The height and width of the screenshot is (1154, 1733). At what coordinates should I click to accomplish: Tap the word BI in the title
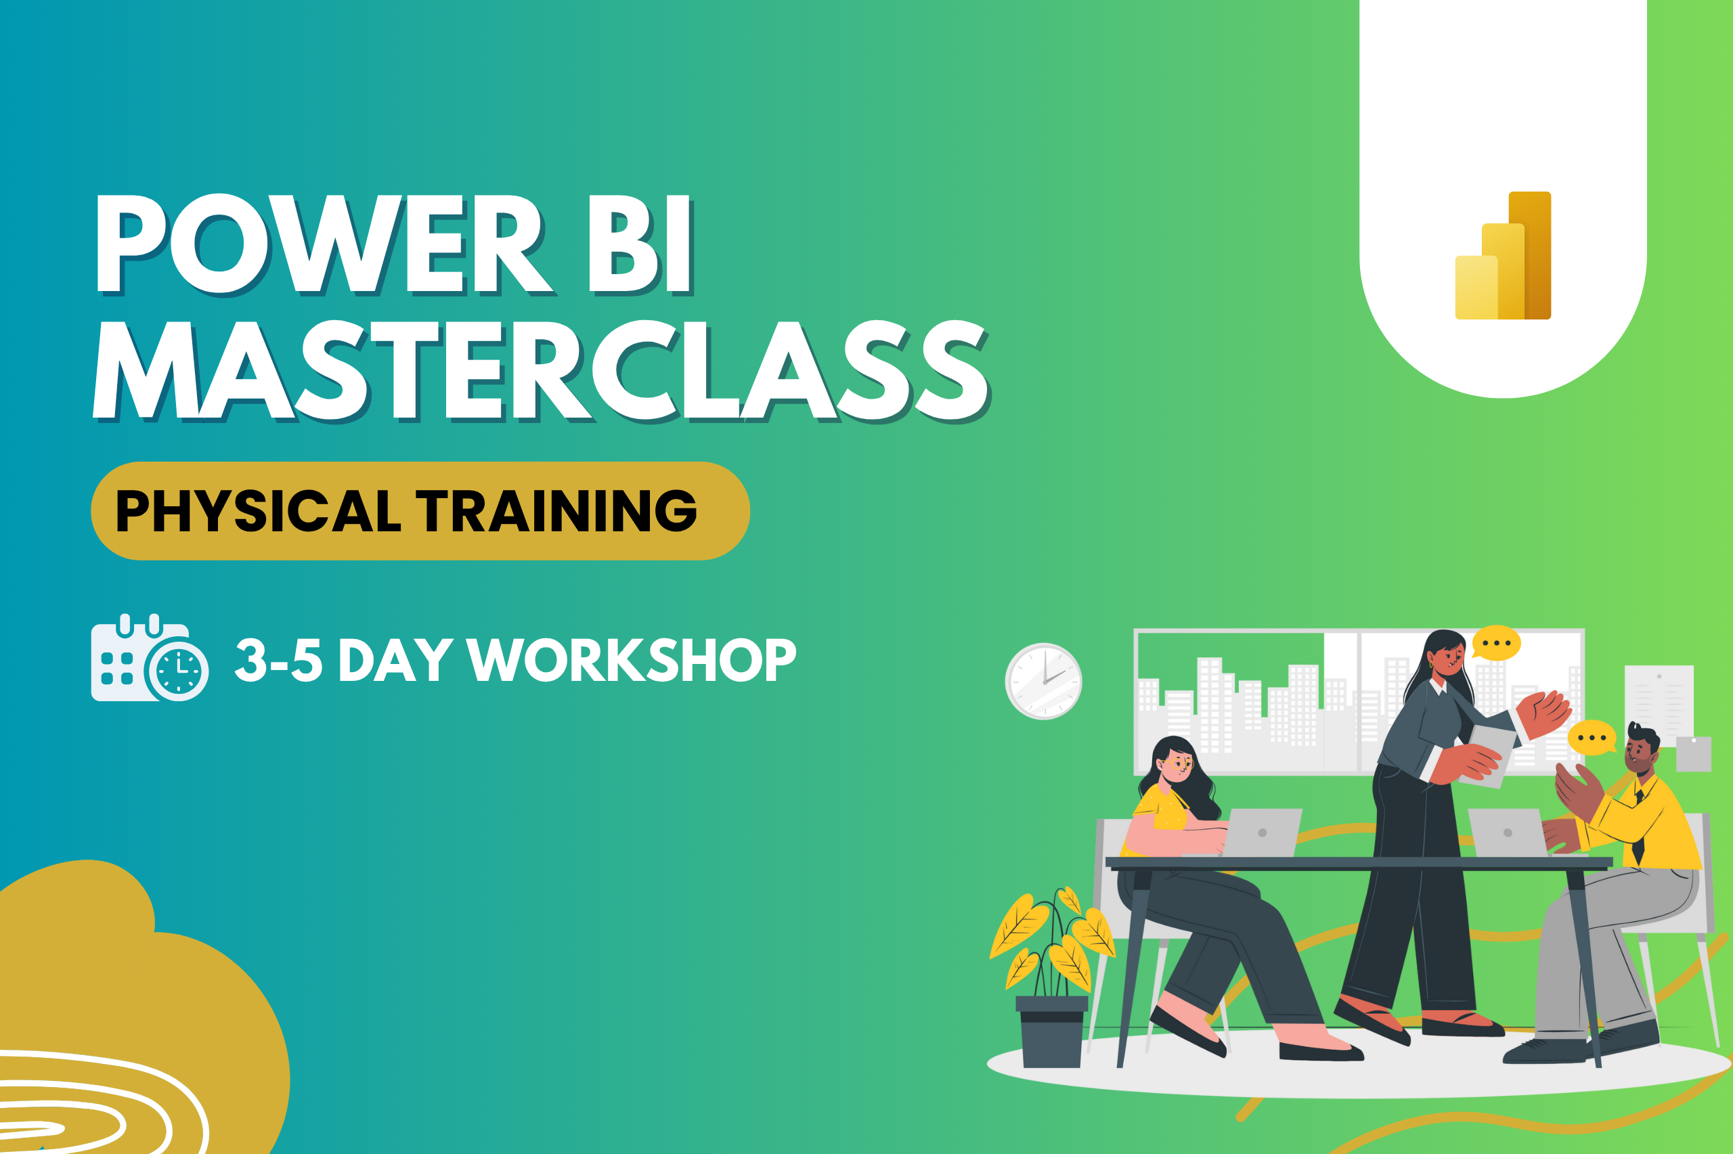[640, 244]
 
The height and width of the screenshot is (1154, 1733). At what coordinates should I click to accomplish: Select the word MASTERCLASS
[542, 371]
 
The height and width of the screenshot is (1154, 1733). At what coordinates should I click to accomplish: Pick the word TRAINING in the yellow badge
[556, 511]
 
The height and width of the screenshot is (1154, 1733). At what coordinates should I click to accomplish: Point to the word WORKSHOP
[632, 660]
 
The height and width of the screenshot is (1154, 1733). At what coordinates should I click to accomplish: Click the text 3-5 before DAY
[278, 660]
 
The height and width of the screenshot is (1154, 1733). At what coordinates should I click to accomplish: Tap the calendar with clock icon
[150, 657]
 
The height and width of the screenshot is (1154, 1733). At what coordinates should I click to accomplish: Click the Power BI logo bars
[1503, 255]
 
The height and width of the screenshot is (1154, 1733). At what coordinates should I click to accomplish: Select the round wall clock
[1043, 681]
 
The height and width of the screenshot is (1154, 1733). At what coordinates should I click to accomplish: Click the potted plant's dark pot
[1051, 1031]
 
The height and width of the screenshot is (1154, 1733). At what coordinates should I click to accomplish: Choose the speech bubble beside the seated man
[1592, 738]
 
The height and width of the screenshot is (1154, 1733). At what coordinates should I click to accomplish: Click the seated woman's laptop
[1260, 833]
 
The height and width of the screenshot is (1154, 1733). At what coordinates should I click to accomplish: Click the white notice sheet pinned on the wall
[1659, 704]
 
